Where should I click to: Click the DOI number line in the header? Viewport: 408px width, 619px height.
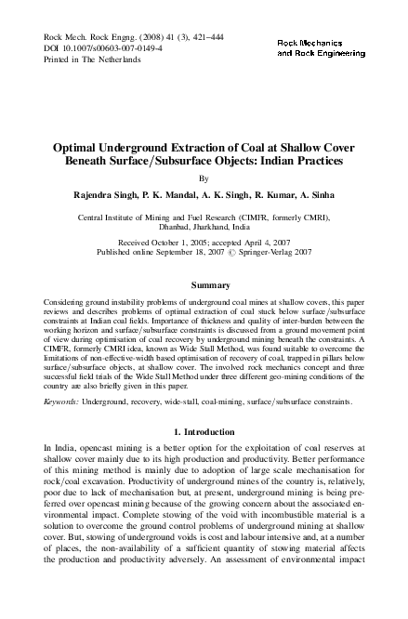coord(87,46)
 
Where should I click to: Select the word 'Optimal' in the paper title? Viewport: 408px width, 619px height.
coord(80,147)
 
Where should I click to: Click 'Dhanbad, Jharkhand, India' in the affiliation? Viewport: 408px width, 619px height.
coord(204,225)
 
